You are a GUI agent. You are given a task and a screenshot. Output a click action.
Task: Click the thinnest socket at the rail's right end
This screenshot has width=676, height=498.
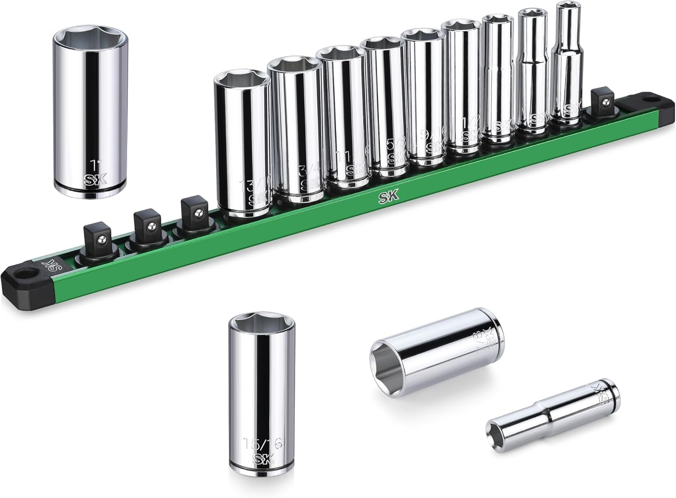(567, 68)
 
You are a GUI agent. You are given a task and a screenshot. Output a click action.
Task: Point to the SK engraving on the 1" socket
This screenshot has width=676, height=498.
(95, 180)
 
